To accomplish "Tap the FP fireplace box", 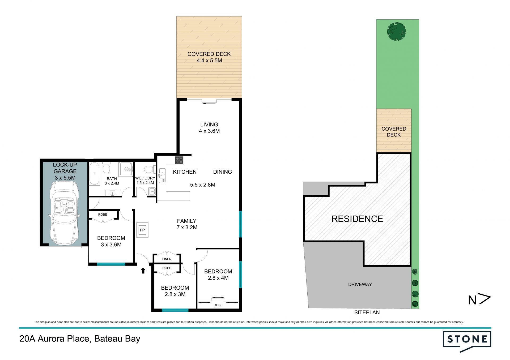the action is pos(142,230).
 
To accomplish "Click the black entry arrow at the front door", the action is pos(143,271).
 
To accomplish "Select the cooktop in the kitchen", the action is pos(179,160).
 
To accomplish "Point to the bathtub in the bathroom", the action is pos(94,174).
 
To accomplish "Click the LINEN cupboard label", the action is pos(167,259).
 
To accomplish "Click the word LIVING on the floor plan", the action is pos(209,125).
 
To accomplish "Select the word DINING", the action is pos(223,172).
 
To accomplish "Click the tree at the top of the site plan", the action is pos(396,31).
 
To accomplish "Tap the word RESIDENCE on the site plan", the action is pos(357,219).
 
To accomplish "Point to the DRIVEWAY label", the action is pos(360,284).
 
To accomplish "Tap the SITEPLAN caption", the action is pos(367,312).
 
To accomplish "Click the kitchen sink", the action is pos(162,175).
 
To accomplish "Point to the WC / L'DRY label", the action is pos(145,178).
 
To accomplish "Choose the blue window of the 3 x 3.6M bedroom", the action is pos(111,264).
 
